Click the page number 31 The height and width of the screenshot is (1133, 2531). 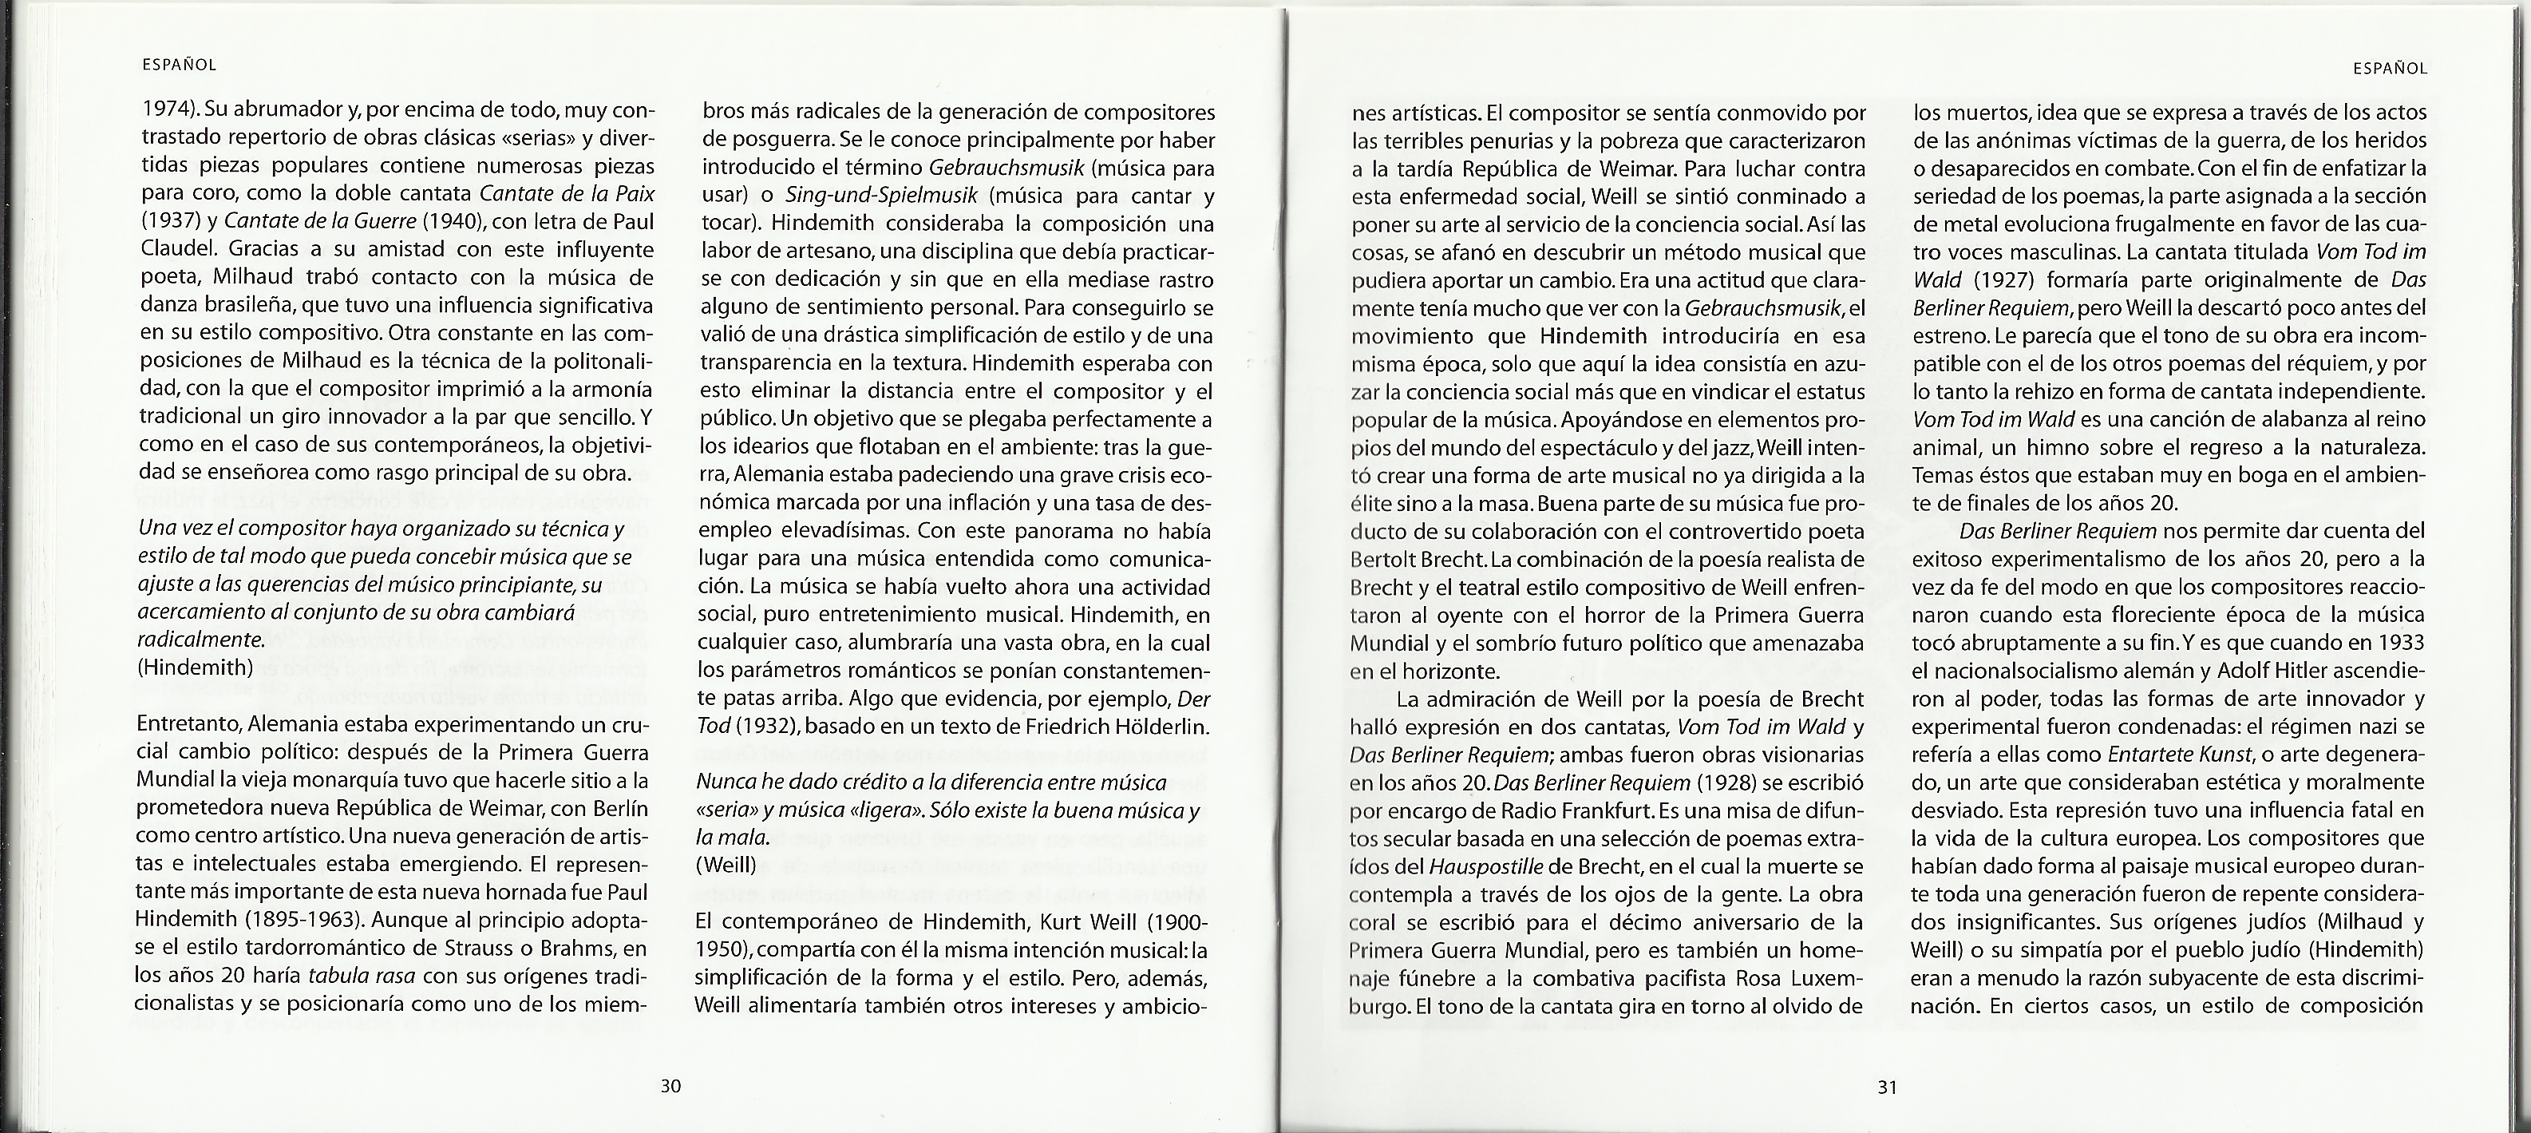coord(1886,1087)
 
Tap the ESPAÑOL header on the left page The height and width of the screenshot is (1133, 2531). coord(179,65)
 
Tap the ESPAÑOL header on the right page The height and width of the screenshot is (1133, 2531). coord(2391,68)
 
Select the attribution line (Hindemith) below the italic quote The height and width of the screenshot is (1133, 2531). coord(196,668)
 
